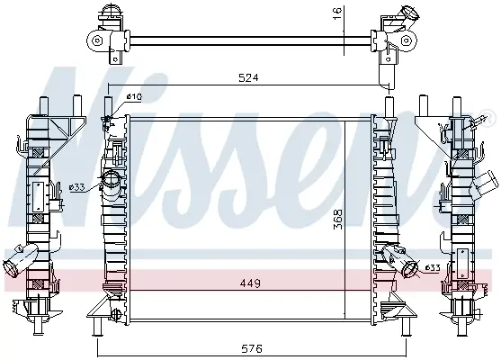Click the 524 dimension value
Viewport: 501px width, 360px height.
tap(248, 77)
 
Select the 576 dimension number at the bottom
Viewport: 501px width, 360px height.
tap(252, 348)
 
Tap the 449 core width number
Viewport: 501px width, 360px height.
tap(250, 283)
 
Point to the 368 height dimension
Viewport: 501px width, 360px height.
tap(337, 220)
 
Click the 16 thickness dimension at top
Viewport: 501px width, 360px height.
tap(337, 13)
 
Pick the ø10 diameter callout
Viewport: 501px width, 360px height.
tap(134, 96)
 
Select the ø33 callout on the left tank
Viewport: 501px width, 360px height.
tap(77, 187)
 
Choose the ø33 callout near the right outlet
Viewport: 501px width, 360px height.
tap(433, 268)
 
